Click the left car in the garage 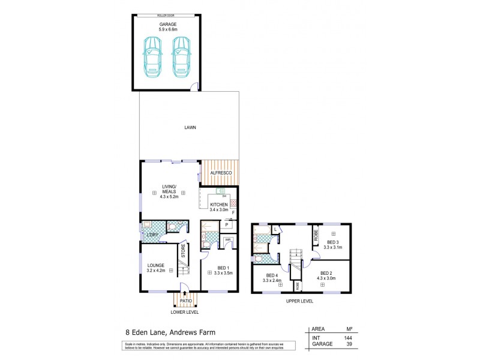152,56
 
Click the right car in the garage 181,56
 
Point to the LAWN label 190,127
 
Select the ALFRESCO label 221,173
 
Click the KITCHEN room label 219,205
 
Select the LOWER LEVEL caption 184,312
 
